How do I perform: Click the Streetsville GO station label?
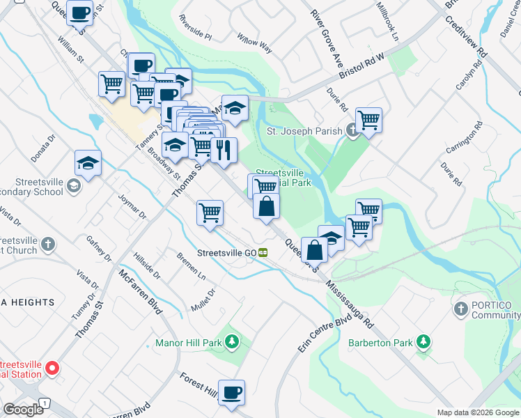pos(228,253)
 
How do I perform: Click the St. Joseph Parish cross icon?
pos(352,130)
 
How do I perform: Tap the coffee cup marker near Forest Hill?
pos(231,392)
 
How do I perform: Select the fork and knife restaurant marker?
pos(224,150)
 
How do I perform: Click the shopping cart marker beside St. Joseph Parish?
pos(368,120)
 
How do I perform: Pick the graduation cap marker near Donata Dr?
pos(88,163)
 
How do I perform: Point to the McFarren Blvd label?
pos(141,292)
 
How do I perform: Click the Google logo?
pos(23,409)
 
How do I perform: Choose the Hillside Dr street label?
pos(147,265)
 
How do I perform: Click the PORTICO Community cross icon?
pos(460,309)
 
